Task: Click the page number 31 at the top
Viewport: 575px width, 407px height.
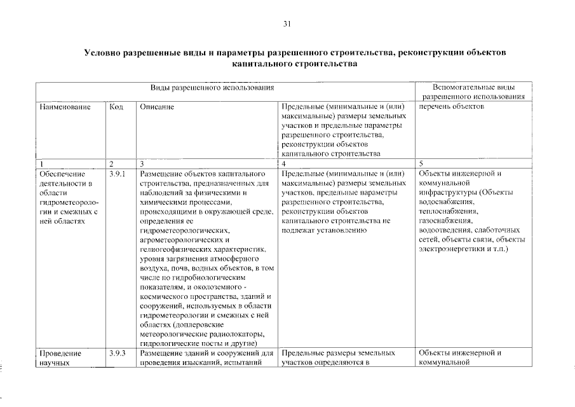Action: (x=287, y=25)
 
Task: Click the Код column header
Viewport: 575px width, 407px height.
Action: (x=116, y=106)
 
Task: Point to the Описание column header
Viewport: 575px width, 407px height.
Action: (x=157, y=106)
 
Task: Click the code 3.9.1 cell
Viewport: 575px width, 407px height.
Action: (x=118, y=173)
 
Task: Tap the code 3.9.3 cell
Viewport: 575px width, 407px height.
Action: (x=118, y=352)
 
